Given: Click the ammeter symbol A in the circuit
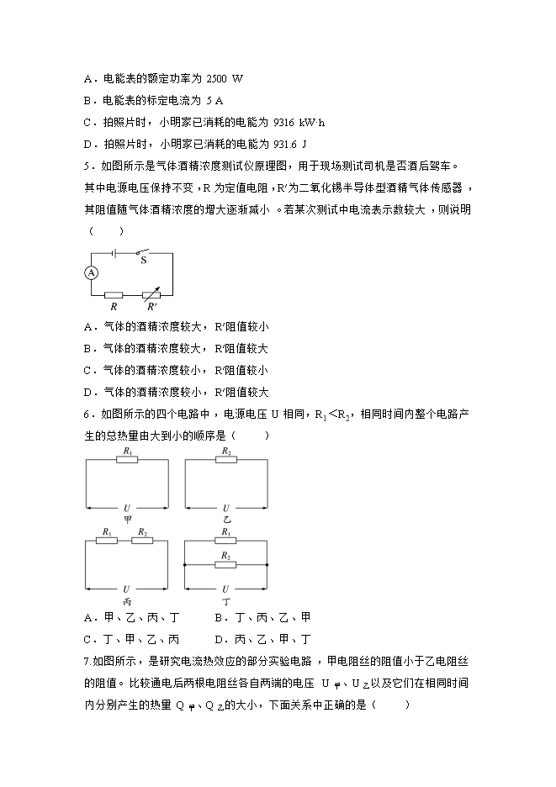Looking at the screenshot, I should tap(93, 272).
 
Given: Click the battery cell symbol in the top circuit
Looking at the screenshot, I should tap(115, 251).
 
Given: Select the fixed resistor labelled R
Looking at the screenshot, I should tap(114, 295).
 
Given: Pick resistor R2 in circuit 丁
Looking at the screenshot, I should tap(225, 564).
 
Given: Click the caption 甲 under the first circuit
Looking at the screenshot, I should tap(128, 520).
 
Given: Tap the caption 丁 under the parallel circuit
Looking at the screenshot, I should tap(225, 602).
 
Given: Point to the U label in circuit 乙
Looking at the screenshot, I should tap(225, 507).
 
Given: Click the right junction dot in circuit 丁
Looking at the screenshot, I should tap(267, 564).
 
